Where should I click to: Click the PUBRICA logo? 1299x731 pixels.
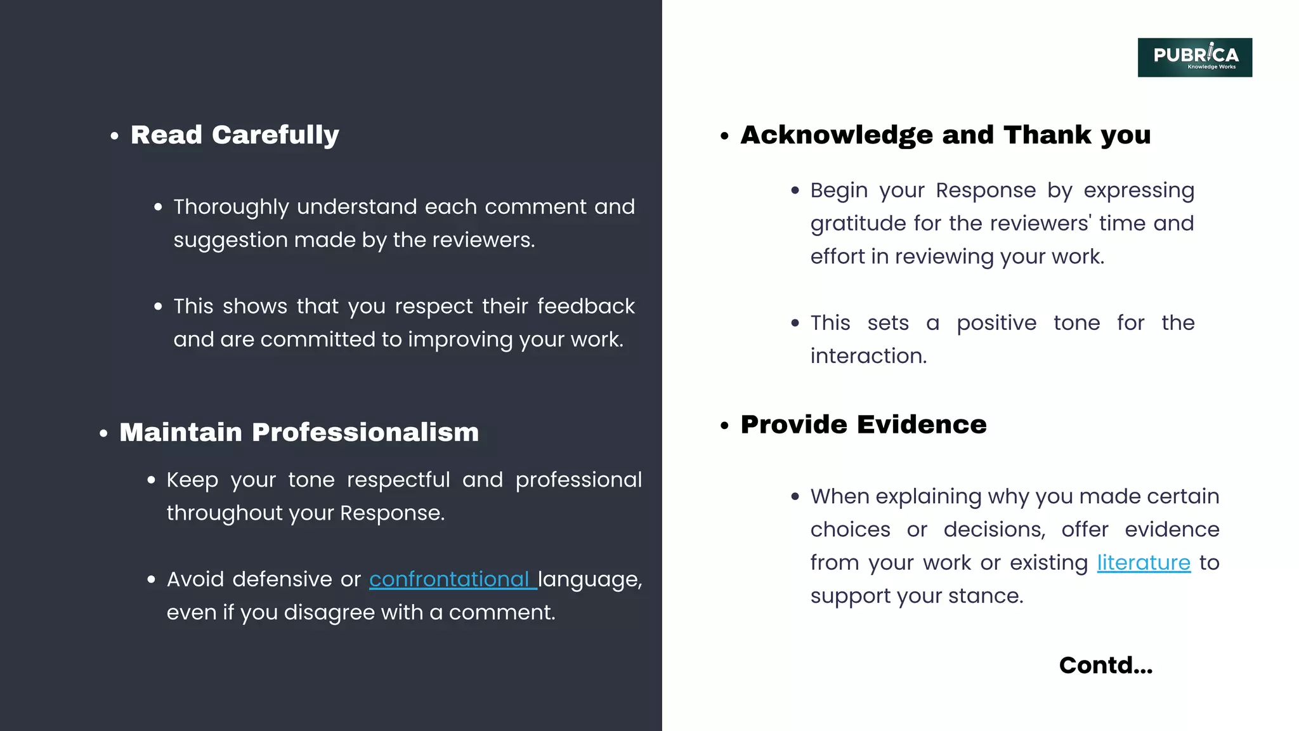(x=1194, y=57)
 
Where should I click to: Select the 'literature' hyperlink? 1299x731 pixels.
(x=1144, y=563)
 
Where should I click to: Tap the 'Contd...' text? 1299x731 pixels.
(x=1106, y=665)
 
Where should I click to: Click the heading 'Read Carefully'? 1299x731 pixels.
(x=235, y=135)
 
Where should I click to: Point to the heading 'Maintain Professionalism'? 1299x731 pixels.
(x=299, y=432)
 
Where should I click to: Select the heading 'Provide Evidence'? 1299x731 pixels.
(x=863, y=425)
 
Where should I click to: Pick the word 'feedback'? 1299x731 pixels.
(x=585, y=306)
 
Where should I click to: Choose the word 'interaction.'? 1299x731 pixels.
(x=868, y=356)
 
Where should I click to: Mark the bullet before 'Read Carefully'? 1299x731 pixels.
(x=114, y=136)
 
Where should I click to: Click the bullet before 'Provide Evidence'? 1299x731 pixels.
(x=724, y=426)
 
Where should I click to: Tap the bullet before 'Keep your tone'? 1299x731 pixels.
(x=151, y=480)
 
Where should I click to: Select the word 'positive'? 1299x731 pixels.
(x=996, y=323)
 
